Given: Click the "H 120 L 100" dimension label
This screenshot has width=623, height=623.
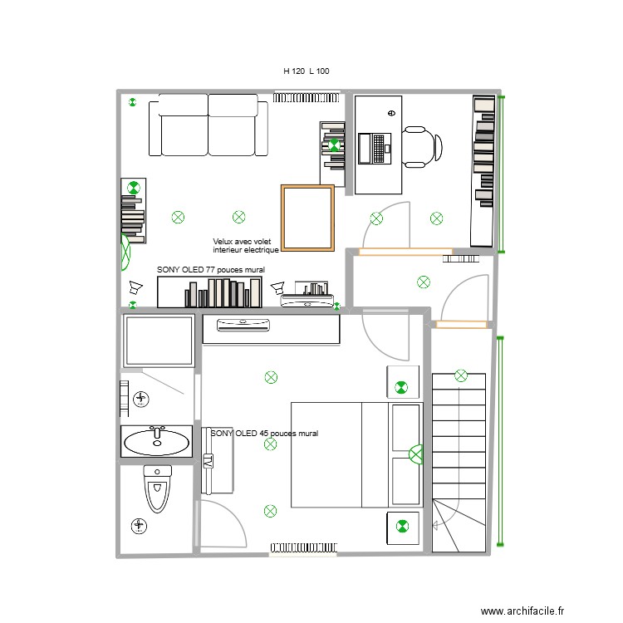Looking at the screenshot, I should coord(307,71).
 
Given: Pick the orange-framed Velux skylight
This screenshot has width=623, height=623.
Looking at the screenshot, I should coord(307,218).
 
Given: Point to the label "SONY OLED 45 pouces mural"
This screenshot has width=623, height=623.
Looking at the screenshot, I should coord(264,434).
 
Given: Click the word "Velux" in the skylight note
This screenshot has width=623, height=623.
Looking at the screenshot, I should coord(223,242).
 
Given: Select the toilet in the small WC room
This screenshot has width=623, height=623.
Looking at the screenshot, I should coord(157,490).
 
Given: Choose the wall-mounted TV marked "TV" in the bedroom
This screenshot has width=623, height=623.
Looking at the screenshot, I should coord(209,461).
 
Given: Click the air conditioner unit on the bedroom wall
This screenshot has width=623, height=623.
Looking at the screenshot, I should coord(244,324).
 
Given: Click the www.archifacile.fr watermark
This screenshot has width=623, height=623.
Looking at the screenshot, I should coord(522,610).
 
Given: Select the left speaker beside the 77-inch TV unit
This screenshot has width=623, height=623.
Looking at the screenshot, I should coord(135,289).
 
